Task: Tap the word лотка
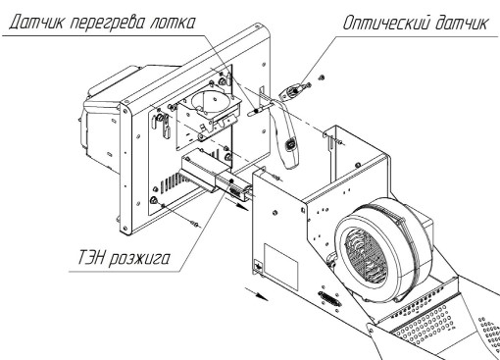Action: tap(172, 23)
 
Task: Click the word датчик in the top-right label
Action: tap(461, 23)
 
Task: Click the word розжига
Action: tap(139, 259)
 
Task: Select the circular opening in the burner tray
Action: tap(208, 100)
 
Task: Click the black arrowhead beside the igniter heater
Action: tap(242, 207)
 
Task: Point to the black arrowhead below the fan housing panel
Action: tap(263, 296)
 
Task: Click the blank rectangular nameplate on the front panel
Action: tap(280, 267)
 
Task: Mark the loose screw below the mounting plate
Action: tap(196, 225)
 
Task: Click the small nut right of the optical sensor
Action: tap(322, 77)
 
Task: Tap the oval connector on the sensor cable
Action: tap(290, 144)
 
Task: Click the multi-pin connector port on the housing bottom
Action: tap(329, 298)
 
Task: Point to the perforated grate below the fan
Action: tap(424, 321)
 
